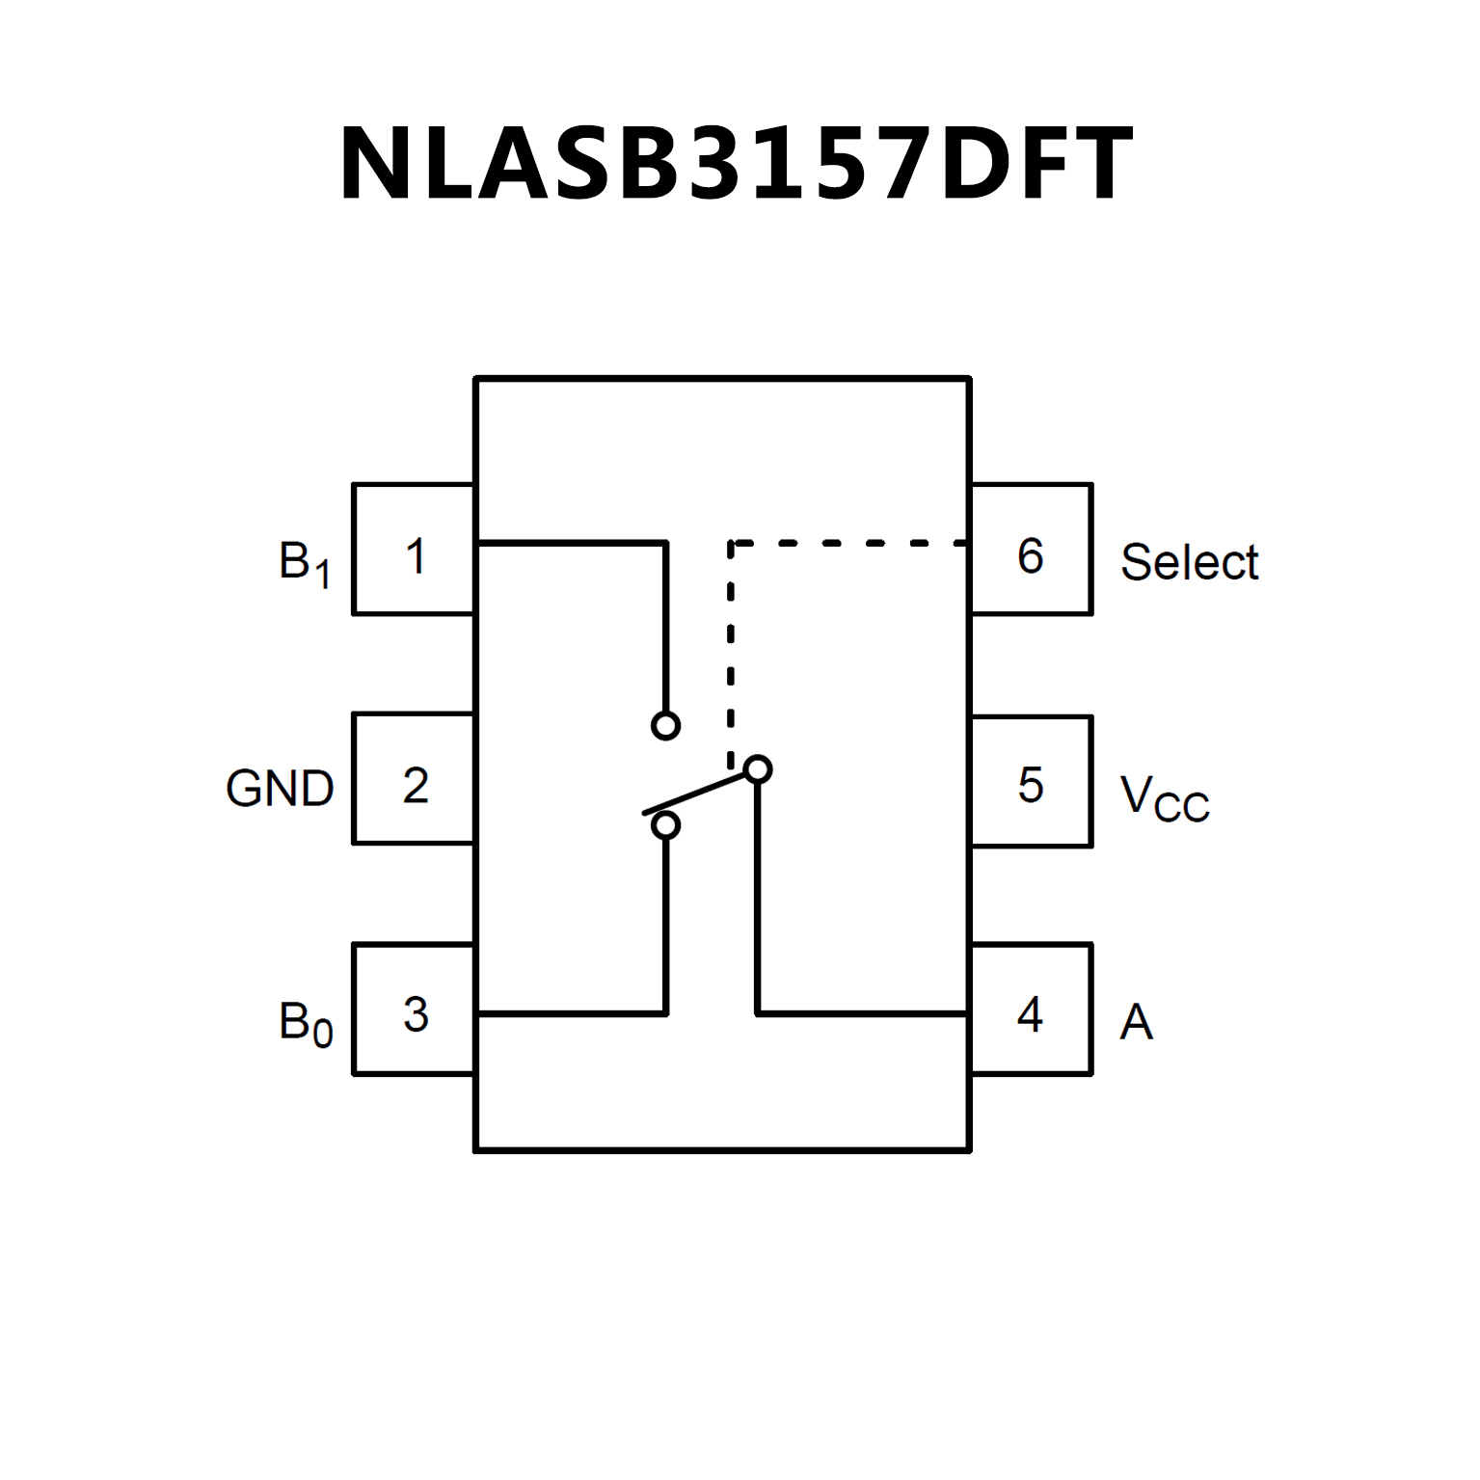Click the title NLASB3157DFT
coord(735,164)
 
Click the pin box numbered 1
coord(414,549)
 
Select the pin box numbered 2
coord(414,779)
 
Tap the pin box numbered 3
coord(414,1009)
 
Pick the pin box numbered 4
coord(1031,1009)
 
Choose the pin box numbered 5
coord(1031,781)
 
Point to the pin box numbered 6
coord(1031,549)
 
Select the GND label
coord(280,789)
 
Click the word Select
coord(1189,562)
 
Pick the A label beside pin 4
coord(1136,1022)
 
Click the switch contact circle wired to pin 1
coord(665,725)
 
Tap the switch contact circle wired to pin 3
coord(665,825)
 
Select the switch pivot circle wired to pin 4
coord(759,769)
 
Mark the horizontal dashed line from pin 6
coord(848,544)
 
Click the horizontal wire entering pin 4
coord(862,1013)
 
